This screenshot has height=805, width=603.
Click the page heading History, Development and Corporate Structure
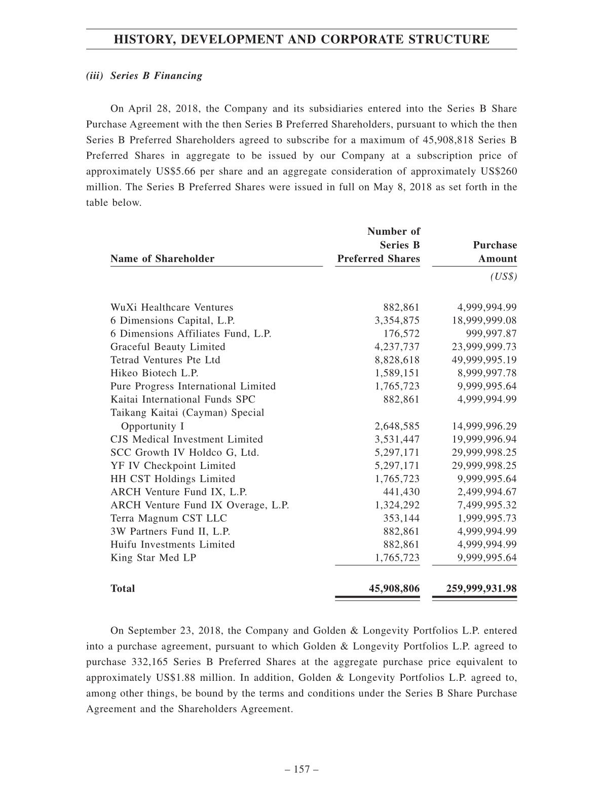(301, 40)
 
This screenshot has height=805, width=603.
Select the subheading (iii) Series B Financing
(144, 76)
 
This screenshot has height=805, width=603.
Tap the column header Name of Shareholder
(162, 259)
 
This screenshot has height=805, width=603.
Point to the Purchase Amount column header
(495, 252)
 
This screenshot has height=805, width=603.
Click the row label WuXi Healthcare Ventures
(172, 307)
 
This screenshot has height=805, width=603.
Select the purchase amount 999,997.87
(491, 334)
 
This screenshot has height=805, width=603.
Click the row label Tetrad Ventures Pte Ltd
(165, 360)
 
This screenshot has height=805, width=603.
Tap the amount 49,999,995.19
(484, 360)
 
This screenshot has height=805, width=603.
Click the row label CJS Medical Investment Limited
(186, 440)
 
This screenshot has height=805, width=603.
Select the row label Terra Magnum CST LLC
(169, 518)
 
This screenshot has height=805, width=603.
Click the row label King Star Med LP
(154, 558)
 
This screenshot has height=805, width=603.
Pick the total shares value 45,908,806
(394, 589)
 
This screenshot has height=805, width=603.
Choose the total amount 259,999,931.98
(481, 589)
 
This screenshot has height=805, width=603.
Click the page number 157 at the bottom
(301, 770)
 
